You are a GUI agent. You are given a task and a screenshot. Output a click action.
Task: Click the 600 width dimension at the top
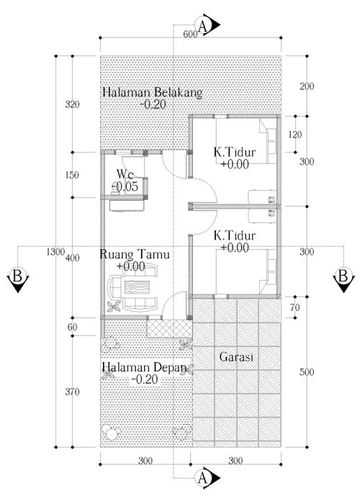click(x=190, y=34)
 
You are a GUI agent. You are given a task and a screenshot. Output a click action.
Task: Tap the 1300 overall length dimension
click(x=55, y=252)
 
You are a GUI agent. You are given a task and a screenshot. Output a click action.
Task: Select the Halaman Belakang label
click(x=153, y=92)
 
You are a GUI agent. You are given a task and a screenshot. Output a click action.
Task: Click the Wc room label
click(x=125, y=175)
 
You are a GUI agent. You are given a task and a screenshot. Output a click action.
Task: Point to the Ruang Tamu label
click(x=135, y=255)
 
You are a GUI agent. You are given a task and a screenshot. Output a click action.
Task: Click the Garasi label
click(x=236, y=357)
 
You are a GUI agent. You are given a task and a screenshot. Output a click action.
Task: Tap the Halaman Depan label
click(x=145, y=367)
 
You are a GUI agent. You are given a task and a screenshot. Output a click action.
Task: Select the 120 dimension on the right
click(x=295, y=135)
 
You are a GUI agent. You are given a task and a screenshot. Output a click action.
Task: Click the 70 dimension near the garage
click(x=295, y=307)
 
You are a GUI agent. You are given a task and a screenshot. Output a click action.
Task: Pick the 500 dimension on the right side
click(x=307, y=372)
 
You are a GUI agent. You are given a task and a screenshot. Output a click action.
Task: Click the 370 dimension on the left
click(x=72, y=391)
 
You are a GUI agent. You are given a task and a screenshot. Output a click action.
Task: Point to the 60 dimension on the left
click(x=73, y=327)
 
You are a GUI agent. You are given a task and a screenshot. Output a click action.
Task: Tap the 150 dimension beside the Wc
click(x=72, y=175)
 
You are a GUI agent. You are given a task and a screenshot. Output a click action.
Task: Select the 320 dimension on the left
click(x=72, y=104)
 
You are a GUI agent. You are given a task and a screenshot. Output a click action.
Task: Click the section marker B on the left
click(x=18, y=278)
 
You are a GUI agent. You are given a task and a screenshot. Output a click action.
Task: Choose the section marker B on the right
click(x=343, y=278)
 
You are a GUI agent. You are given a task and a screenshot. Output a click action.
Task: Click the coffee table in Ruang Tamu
click(x=137, y=286)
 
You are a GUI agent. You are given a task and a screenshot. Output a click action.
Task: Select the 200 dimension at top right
click(x=307, y=86)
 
